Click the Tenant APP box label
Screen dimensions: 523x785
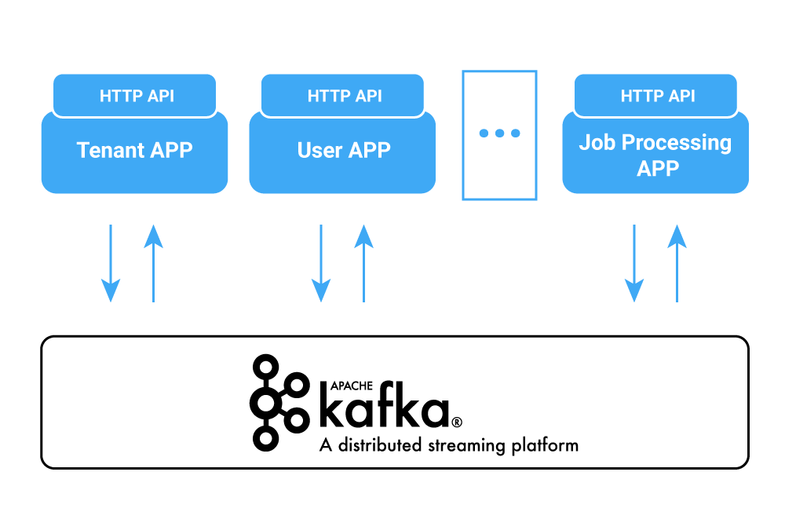[x=134, y=150]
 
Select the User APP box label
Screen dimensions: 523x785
[x=344, y=150]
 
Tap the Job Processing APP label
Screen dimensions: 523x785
[x=655, y=155]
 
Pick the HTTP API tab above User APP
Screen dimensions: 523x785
[x=345, y=96]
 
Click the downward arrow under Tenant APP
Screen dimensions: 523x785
[x=111, y=263]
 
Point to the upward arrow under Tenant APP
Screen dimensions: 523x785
[x=153, y=263]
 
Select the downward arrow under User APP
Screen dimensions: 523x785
[x=321, y=263]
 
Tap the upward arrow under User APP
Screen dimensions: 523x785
[x=363, y=263]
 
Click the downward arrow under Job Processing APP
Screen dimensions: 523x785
[x=634, y=263]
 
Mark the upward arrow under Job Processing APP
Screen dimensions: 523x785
[x=677, y=263]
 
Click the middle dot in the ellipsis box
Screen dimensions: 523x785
[x=499, y=133]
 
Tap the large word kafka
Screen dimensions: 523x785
[x=384, y=409]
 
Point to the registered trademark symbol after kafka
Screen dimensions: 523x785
[x=457, y=422]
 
